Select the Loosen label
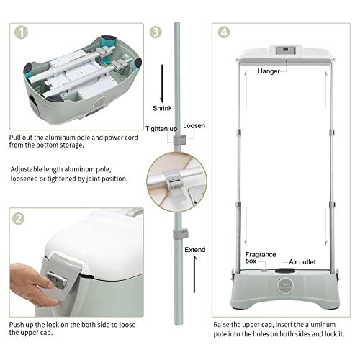pyautogui.click(x=194, y=125)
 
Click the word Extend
pyautogui.click(x=194, y=249)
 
